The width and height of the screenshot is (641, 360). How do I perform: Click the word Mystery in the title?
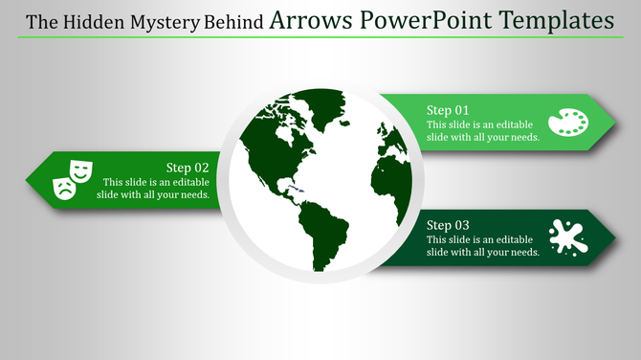point(161,21)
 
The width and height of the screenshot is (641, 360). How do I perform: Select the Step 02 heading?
point(187,167)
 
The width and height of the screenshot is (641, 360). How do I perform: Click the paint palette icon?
point(568,123)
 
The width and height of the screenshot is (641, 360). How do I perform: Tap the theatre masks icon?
point(72,179)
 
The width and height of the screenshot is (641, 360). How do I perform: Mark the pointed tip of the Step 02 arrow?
point(27,179)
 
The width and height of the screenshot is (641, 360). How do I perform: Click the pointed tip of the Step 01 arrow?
point(613,122)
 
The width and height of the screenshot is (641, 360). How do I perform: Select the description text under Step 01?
point(483,131)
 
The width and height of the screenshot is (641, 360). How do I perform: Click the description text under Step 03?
point(483,245)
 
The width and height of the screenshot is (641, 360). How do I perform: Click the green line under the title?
point(320,38)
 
